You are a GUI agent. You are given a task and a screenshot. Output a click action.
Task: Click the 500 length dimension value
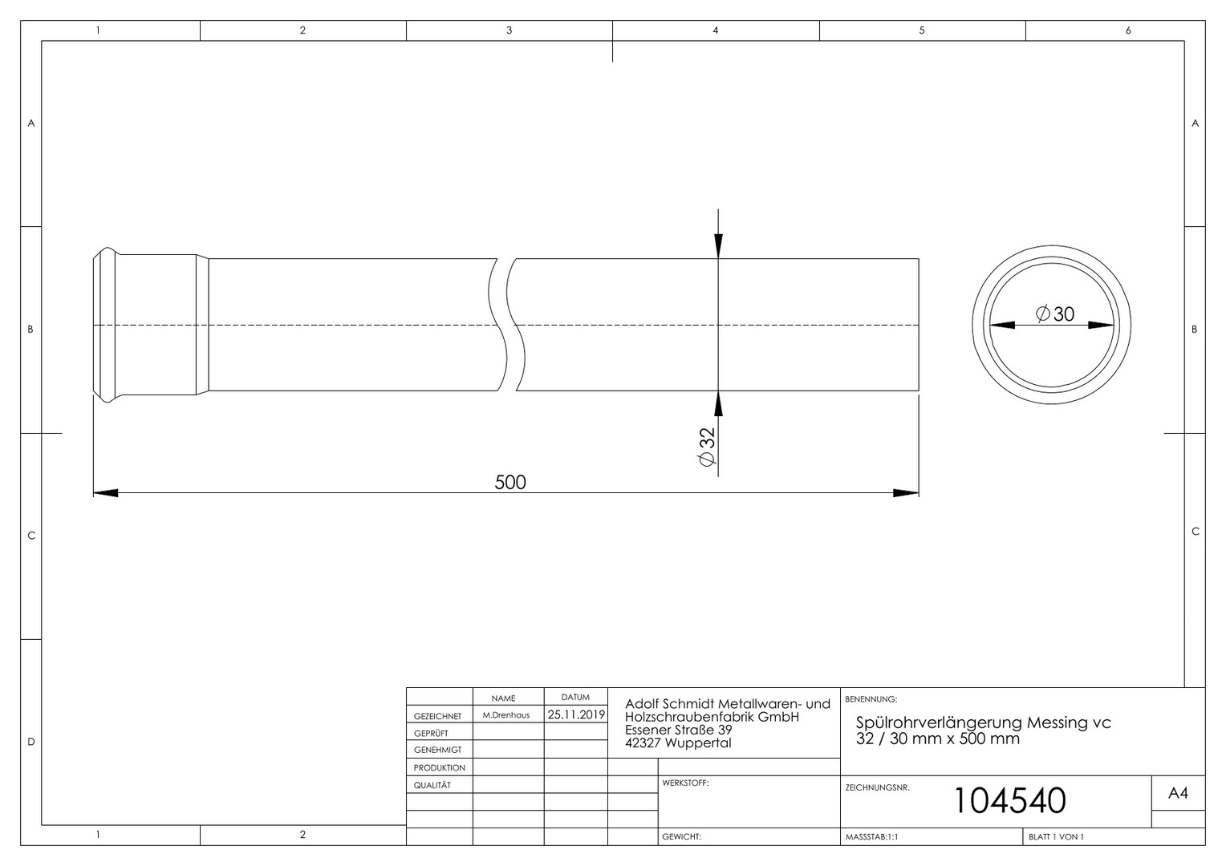click(x=510, y=482)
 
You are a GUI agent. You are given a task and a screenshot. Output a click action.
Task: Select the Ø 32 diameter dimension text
click(x=707, y=447)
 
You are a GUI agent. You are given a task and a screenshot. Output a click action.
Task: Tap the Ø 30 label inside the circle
click(x=1054, y=314)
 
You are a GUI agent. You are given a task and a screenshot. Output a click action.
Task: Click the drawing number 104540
click(x=1010, y=800)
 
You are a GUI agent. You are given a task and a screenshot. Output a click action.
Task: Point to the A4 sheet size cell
click(x=1178, y=793)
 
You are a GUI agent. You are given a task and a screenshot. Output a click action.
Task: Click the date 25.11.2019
click(x=576, y=714)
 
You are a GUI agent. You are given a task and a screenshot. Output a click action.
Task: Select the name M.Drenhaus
click(x=505, y=715)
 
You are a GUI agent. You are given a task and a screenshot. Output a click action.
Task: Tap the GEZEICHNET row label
click(x=437, y=716)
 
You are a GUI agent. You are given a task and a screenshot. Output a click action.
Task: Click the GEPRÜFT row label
click(x=431, y=733)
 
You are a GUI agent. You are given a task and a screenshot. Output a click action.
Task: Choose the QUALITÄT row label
click(x=432, y=785)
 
